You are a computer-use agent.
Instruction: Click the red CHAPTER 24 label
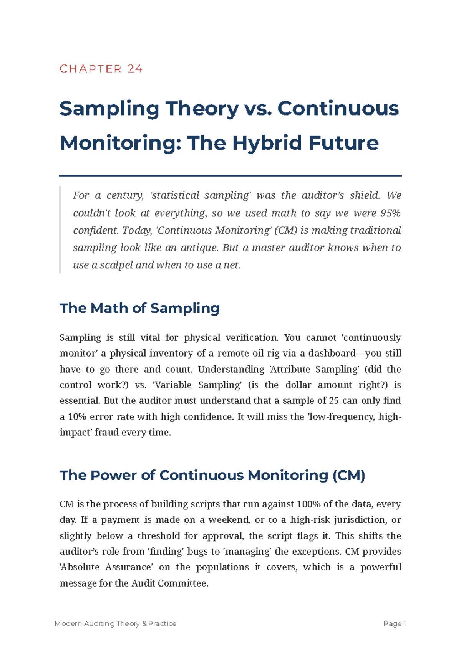(x=101, y=69)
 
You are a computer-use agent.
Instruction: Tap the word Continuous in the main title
(x=338, y=109)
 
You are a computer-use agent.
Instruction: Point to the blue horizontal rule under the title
(x=230, y=175)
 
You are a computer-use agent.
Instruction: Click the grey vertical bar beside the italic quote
(x=60, y=230)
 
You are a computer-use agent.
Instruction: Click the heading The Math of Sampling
(x=140, y=308)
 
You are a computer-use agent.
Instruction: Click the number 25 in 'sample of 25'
(x=334, y=401)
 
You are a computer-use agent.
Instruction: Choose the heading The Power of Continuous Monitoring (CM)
(x=212, y=475)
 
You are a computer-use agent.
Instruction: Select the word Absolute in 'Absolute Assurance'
(x=80, y=567)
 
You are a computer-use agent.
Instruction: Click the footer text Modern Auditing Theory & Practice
(x=116, y=623)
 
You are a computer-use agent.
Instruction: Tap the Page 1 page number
(x=395, y=623)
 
